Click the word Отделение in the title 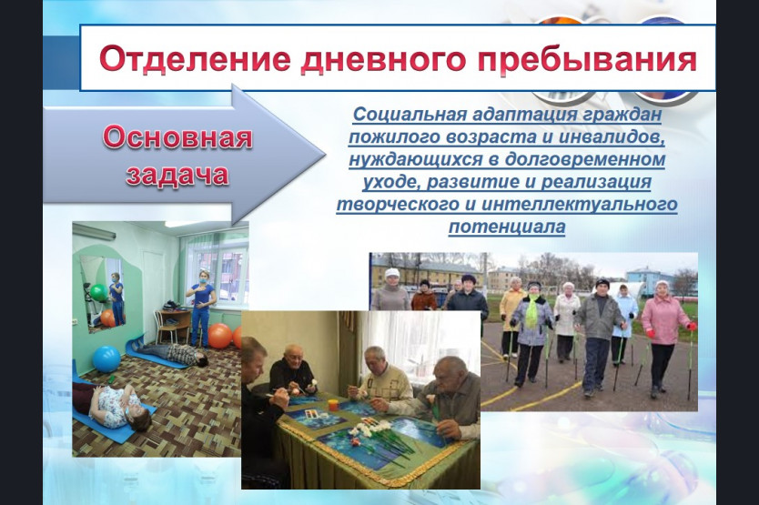[x=195, y=59]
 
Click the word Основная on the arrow [x=177, y=137]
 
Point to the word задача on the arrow [x=177, y=175]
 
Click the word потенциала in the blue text [x=507, y=226]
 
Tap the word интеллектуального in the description [x=580, y=204]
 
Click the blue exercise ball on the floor [x=106, y=359]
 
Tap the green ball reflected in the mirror [x=98, y=292]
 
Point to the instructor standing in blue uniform [x=200, y=308]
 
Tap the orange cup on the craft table [x=332, y=404]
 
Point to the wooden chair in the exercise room [x=168, y=325]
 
